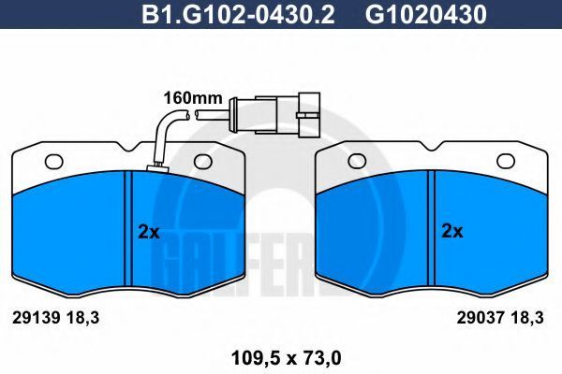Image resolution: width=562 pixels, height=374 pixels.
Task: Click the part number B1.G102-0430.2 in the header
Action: (238, 14)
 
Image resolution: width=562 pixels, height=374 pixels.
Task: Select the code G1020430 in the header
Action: (426, 14)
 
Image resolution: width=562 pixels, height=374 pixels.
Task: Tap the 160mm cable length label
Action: (193, 97)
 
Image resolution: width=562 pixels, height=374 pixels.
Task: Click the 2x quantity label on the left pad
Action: (149, 233)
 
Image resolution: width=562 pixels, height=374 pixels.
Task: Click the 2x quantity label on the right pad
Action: (452, 231)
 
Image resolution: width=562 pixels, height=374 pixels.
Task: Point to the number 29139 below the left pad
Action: (36, 318)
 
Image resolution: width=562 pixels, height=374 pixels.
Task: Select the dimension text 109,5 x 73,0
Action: (286, 358)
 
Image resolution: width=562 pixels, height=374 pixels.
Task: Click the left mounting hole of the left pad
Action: (54, 162)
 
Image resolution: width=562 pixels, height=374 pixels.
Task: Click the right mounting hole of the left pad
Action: (203, 162)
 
